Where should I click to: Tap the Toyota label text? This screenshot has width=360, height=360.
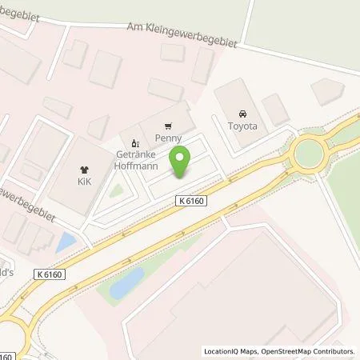tap(243, 126)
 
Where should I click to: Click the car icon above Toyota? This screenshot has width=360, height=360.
tap(243, 114)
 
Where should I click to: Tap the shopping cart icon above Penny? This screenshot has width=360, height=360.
tap(167, 126)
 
